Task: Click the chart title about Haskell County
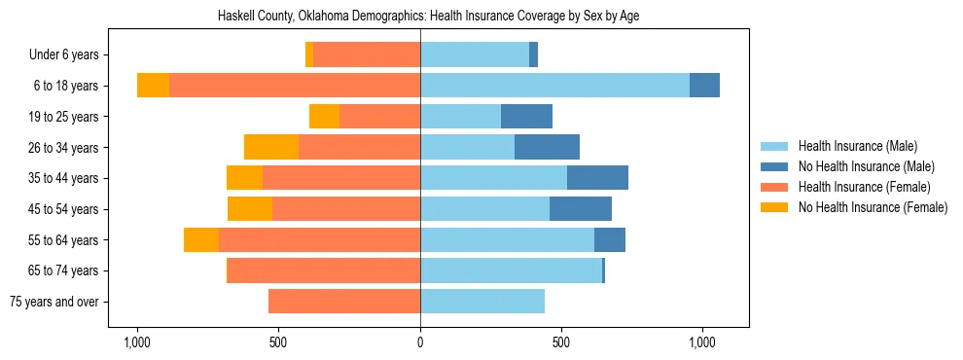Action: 420,17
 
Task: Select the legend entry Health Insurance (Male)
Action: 857,146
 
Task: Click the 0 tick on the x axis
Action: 420,342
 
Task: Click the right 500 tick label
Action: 561,342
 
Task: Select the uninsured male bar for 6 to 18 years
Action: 704,86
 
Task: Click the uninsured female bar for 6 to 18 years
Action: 153,86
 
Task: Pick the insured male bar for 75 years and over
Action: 482,302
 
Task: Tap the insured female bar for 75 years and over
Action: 344,302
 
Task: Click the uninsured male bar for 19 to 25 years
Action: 526,117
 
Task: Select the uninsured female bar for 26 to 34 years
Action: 271,147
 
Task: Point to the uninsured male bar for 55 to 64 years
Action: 610,239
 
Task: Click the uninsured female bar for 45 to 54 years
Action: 250,209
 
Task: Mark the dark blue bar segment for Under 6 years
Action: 533,55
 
